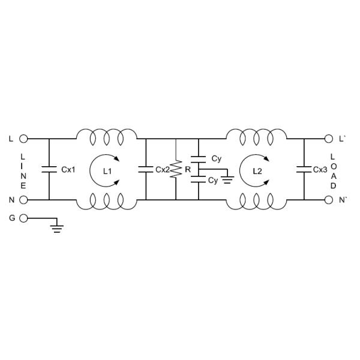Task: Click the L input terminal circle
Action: (x=23, y=139)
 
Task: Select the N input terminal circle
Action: (x=23, y=200)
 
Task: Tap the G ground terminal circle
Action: (x=23, y=218)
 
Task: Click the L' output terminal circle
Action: (x=329, y=139)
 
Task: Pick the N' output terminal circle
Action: (x=329, y=200)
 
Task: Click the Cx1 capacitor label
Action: (x=68, y=170)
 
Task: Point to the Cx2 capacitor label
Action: (x=163, y=170)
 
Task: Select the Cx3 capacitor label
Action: (x=320, y=170)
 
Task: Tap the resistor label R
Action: (x=188, y=170)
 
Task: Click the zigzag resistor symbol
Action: (x=176, y=169)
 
